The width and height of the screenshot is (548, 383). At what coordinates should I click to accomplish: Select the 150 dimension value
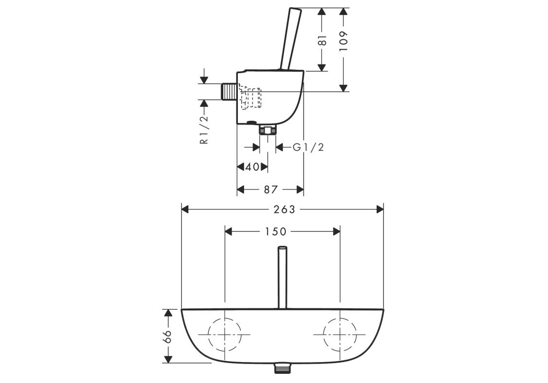275,231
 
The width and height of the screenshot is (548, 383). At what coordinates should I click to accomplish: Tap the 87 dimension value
270,190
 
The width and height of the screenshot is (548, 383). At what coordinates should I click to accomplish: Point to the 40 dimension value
253,167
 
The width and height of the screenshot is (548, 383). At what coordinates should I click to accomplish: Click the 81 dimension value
323,40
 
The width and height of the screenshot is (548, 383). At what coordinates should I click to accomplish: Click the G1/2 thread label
309,147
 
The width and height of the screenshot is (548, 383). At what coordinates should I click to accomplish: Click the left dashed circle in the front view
208,334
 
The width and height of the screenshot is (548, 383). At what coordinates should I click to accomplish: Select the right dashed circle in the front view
324,334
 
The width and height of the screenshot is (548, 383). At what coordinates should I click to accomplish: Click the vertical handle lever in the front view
282,278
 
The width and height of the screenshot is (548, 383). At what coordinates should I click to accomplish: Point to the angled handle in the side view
290,38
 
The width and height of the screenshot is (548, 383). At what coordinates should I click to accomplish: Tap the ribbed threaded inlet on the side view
229,92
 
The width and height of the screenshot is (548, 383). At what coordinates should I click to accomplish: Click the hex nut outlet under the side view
268,130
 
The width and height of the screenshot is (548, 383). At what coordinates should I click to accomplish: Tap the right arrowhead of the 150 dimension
336,231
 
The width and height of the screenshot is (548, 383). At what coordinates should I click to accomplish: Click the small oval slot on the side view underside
251,123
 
